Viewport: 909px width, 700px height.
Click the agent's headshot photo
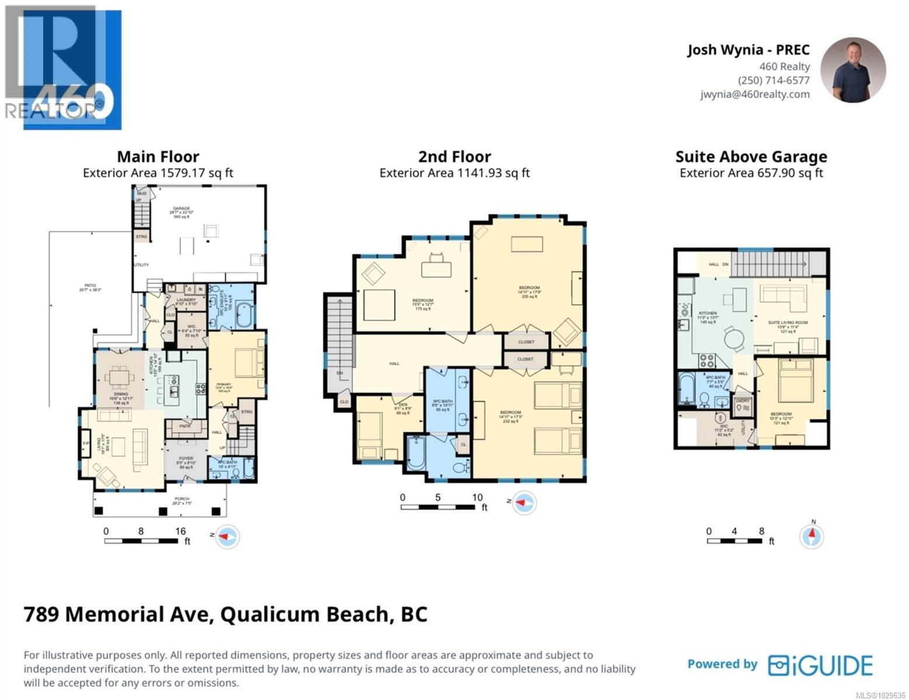click(853, 71)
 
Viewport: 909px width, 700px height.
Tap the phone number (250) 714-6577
click(774, 80)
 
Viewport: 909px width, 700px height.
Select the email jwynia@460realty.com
click(755, 94)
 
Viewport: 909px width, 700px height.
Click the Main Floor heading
click(158, 156)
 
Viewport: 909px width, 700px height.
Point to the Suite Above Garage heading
click(751, 156)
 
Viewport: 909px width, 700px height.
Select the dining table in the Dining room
click(120, 377)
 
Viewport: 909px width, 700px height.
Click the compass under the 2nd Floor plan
click(524, 502)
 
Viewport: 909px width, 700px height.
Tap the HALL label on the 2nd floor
click(395, 363)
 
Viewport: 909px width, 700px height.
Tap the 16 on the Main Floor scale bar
click(180, 531)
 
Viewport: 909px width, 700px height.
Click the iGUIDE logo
click(820, 665)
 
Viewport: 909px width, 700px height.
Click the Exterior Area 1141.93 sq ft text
click(454, 173)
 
